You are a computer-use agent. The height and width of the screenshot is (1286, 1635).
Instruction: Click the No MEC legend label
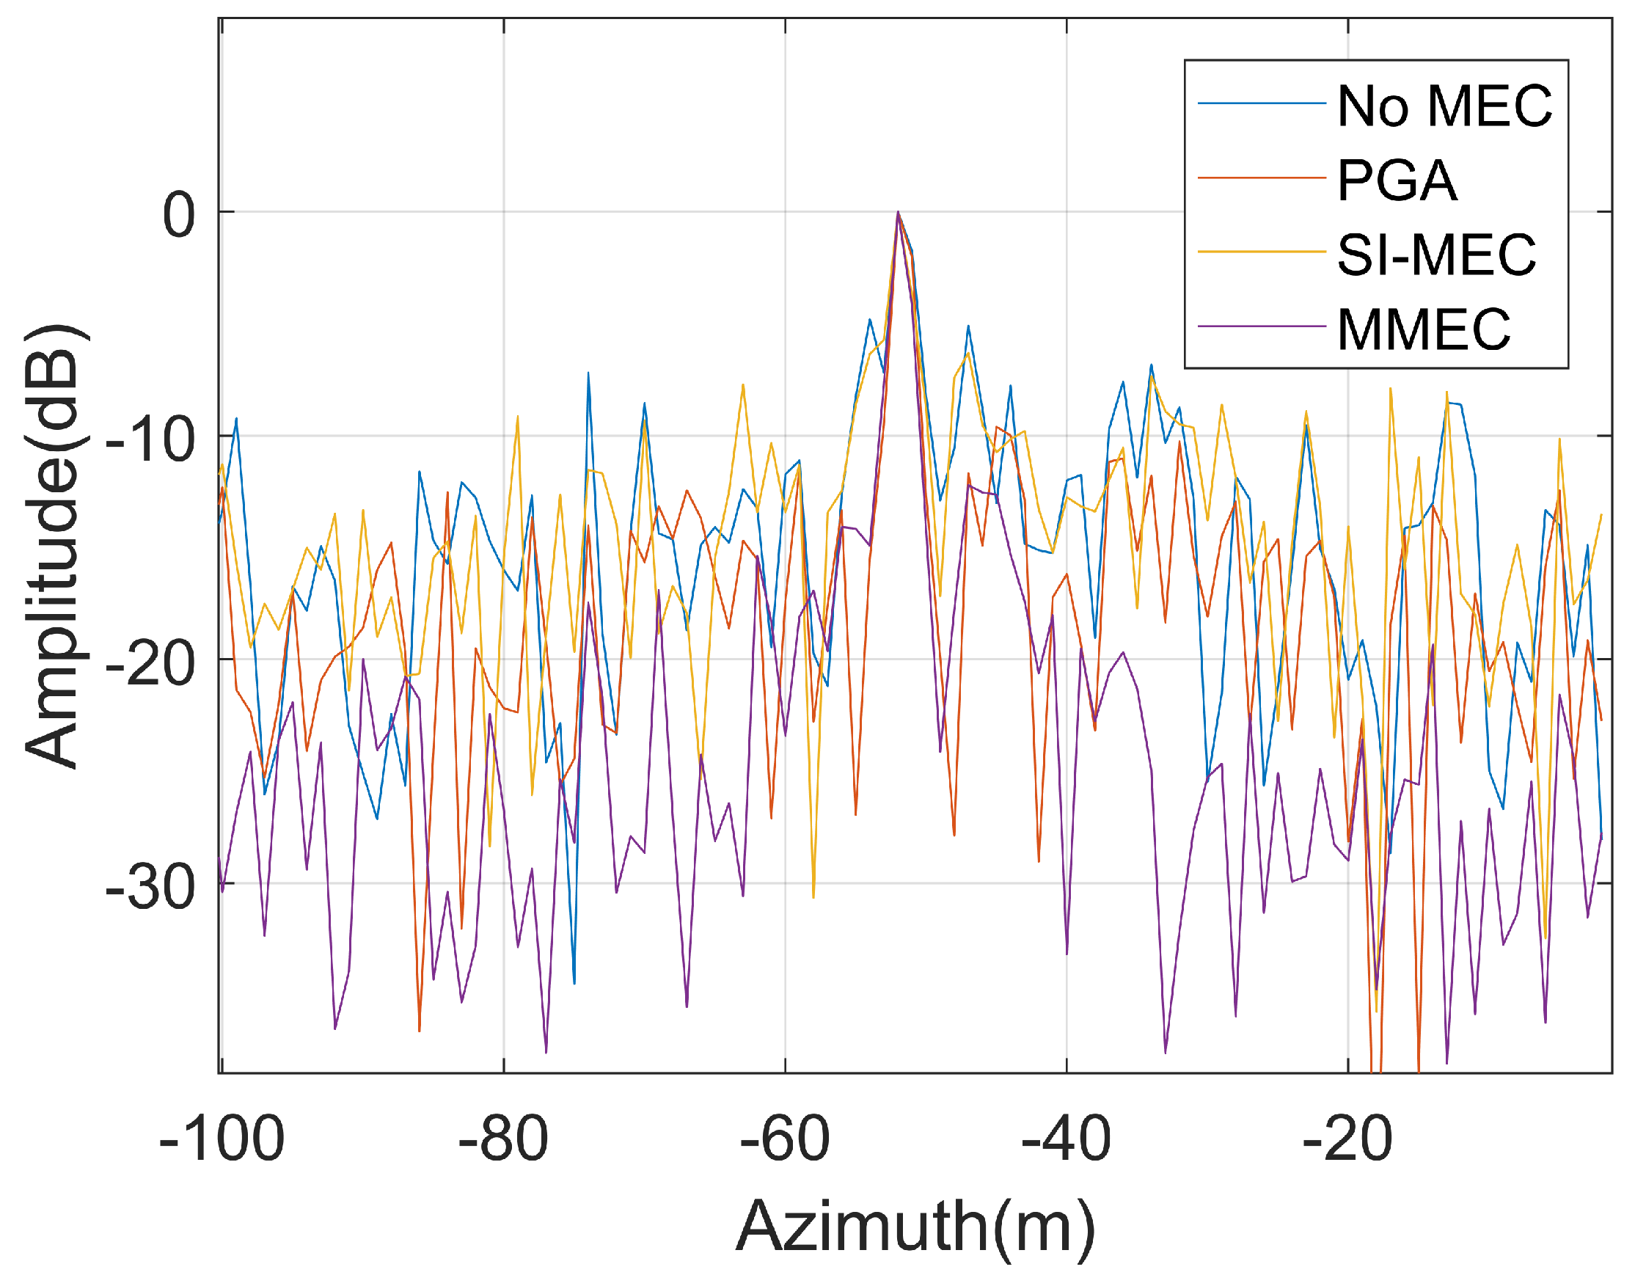pyautogui.click(x=1444, y=106)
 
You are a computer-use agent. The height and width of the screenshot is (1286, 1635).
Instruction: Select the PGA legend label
pyautogui.click(x=1397, y=180)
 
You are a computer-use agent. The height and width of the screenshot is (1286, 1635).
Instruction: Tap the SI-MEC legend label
pyautogui.click(x=1435, y=255)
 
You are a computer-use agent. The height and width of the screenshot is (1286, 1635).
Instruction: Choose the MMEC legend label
pyautogui.click(x=1423, y=329)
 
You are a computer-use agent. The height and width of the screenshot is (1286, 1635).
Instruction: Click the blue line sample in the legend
pyautogui.click(x=1261, y=103)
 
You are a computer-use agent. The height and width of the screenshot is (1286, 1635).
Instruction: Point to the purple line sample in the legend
pyautogui.click(x=1261, y=326)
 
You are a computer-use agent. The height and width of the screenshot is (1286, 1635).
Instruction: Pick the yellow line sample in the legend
pyautogui.click(x=1261, y=252)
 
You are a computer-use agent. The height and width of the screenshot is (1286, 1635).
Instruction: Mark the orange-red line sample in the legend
pyautogui.click(x=1261, y=178)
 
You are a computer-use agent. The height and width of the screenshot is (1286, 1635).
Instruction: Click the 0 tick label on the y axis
pyautogui.click(x=179, y=216)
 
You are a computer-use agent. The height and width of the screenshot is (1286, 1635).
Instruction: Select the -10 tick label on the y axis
pyautogui.click(x=150, y=439)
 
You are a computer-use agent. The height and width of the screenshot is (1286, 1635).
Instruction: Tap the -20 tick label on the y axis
pyautogui.click(x=150, y=663)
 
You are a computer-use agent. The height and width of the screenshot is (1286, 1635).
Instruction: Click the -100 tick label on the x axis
pyautogui.click(x=222, y=1140)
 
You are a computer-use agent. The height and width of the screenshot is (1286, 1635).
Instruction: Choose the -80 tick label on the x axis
pyautogui.click(x=503, y=1140)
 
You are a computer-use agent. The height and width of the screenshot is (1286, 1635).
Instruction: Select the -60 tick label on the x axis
pyautogui.click(x=784, y=1140)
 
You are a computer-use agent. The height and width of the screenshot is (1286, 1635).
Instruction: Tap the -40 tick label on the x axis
pyautogui.click(x=1066, y=1140)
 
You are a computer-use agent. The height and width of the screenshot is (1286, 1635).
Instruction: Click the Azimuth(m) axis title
pyautogui.click(x=915, y=1228)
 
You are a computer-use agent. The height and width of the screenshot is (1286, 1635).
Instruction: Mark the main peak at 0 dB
pyautogui.click(x=897, y=213)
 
